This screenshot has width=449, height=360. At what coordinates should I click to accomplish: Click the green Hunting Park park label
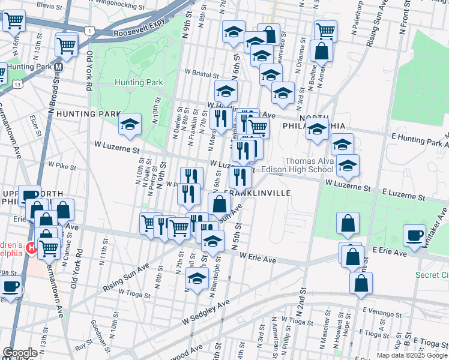click(139, 82)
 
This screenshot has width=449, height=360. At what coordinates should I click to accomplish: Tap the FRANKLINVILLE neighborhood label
click(257, 193)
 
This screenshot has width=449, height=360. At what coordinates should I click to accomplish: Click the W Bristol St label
click(202, 72)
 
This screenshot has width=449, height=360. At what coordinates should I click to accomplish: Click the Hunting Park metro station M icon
click(59, 67)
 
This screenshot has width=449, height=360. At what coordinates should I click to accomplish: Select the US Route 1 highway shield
click(89, 30)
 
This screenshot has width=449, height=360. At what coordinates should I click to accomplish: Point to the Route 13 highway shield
click(19, 85)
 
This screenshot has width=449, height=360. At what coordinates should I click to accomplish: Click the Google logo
click(19, 353)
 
